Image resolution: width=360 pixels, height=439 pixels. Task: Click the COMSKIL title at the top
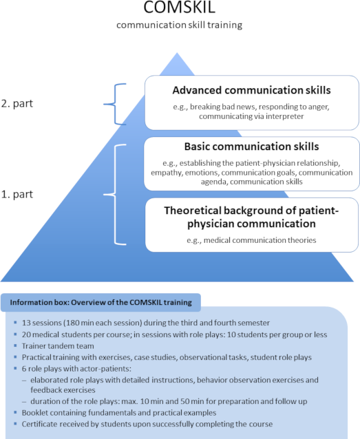click(179, 7)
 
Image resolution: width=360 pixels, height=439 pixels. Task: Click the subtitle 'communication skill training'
click(179, 25)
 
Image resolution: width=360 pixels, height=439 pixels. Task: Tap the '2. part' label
click(17, 104)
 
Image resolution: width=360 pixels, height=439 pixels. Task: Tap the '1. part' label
click(17, 194)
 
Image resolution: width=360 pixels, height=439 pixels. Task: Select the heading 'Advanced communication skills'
click(251, 90)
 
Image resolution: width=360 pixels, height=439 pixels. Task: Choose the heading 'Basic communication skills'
click(251, 147)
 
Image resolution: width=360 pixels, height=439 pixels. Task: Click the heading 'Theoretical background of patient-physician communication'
click(251, 217)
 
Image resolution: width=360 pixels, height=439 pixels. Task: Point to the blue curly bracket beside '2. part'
click(115, 104)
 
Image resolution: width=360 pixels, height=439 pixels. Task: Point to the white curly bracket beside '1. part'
click(115, 194)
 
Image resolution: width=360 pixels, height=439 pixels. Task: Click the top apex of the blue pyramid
click(177, 52)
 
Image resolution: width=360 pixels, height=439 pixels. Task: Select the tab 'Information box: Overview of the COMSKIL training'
click(101, 302)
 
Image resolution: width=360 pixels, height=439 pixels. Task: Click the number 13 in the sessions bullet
click(26, 323)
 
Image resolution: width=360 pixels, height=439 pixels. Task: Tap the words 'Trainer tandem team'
click(58, 346)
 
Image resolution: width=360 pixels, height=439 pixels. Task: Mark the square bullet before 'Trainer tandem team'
click(15, 345)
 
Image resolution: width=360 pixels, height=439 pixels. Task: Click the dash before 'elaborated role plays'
click(25, 381)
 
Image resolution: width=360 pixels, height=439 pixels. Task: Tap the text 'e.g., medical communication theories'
click(251, 240)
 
